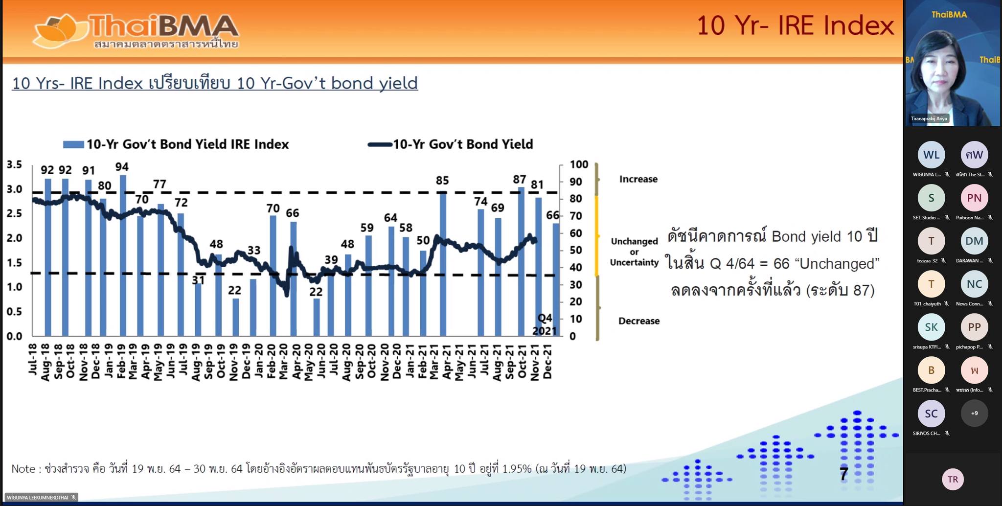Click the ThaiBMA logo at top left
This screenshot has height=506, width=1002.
tap(136, 31)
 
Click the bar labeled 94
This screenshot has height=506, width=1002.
tap(123, 254)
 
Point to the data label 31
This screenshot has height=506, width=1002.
tap(198, 280)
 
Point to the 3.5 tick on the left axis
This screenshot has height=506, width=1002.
tap(14, 164)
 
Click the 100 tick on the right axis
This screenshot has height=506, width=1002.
tap(579, 164)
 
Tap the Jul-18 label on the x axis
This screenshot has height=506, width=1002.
tap(33, 359)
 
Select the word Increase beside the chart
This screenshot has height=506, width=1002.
tap(638, 179)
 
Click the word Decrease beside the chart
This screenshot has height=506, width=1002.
tap(638, 321)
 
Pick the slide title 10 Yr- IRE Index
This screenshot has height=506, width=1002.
tap(795, 25)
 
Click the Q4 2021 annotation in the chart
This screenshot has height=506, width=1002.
tap(545, 324)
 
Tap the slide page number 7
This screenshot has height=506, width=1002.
tap(843, 473)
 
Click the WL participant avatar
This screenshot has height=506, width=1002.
tap(931, 155)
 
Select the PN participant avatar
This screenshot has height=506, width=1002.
tap(974, 198)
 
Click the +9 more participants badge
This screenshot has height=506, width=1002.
tap(974, 414)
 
